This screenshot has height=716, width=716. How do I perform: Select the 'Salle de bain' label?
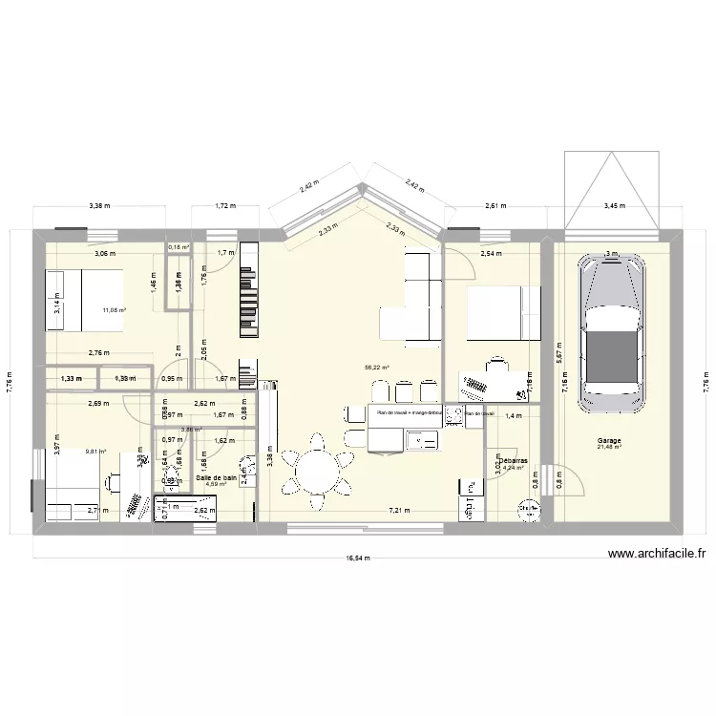[217, 476]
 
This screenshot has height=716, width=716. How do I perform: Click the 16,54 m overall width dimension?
[359, 558]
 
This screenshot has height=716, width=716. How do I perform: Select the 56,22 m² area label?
[376, 366]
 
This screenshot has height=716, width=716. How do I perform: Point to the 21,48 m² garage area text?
[609, 449]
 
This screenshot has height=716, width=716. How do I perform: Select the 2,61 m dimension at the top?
[495, 205]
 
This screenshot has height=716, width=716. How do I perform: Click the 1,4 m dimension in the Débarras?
[513, 416]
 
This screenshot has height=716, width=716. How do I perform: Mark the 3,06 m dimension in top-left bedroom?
[104, 254]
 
